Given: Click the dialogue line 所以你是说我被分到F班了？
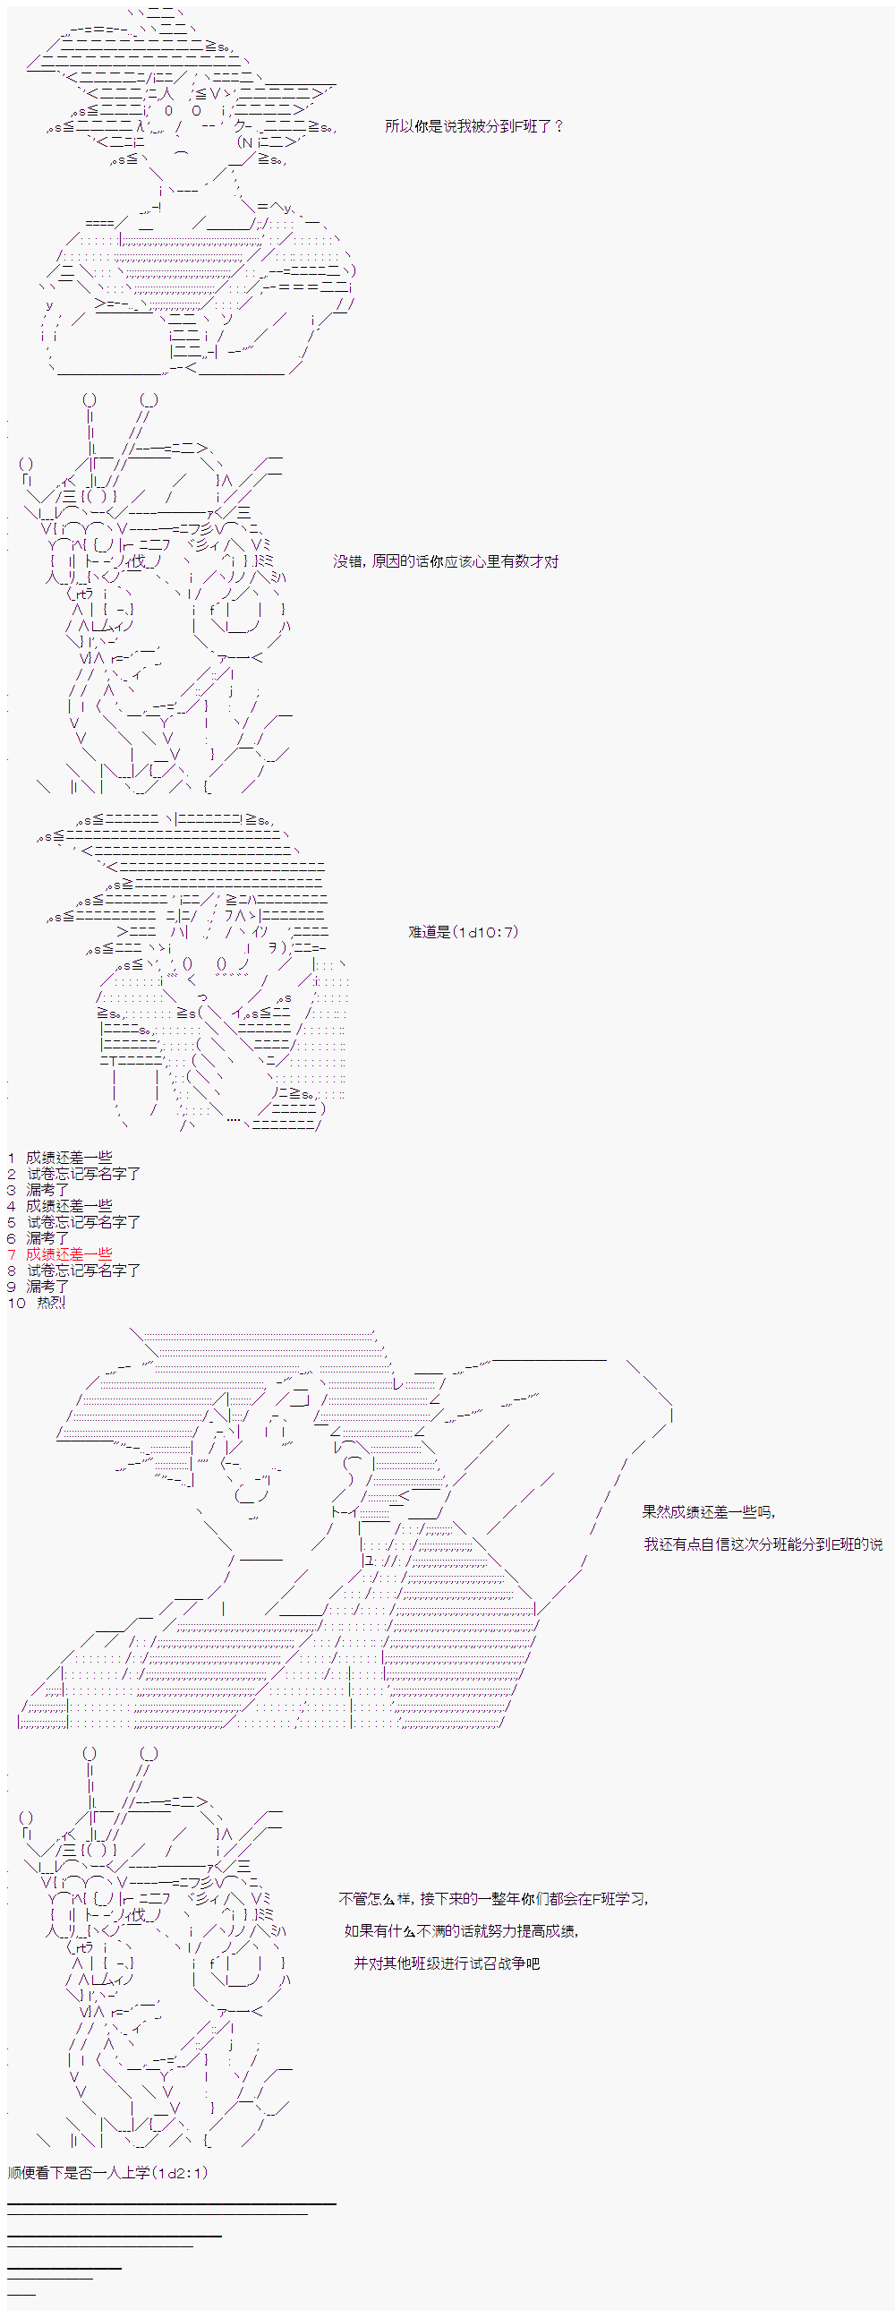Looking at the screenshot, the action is click(474, 126).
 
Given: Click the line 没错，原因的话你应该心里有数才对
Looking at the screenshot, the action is click(445, 561).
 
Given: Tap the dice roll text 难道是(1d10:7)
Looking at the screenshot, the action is click(464, 931).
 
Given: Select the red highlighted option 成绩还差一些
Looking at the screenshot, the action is click(69, 1253).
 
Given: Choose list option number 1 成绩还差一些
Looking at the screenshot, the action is click(69, 1157).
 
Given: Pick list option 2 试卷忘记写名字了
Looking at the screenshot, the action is click(83, 1174).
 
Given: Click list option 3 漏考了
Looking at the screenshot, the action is click(47, 1190).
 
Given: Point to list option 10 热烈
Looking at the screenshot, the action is click(51, 1302).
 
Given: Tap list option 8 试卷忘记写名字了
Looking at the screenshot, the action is click(83, 1270).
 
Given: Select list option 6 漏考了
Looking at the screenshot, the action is click(47, 1237).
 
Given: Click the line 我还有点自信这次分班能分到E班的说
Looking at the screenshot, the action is click(763, 1544).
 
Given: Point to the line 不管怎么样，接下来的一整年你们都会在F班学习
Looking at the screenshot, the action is click(493, 1899).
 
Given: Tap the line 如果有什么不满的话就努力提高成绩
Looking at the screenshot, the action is click(462, 1931).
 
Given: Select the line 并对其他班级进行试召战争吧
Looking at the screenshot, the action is click(447, 1963).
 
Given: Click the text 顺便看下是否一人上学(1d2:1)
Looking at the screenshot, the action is click(108, 2172).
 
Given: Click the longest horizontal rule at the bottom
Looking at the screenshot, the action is click(172, 2203).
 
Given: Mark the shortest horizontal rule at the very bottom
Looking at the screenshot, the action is click(21, 2294).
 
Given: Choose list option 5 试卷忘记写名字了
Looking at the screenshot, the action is click(83, 1221).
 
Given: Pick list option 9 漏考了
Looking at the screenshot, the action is click(47, 1286).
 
